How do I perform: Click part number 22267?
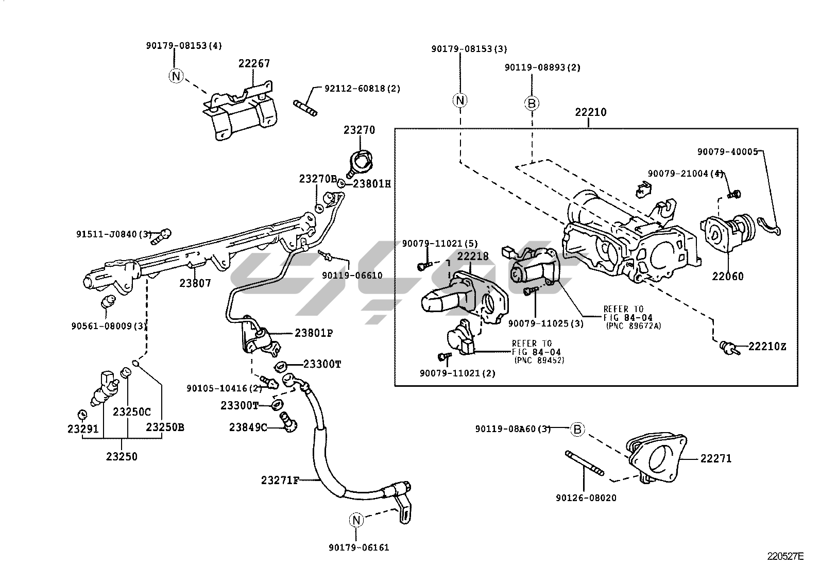coord(254,63)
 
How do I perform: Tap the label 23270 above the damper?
coord(359,130)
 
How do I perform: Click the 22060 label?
coord(728,277)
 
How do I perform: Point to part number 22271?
coord(715,458)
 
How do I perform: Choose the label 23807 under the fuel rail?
coord(195,283)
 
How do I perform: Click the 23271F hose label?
coord(280,481)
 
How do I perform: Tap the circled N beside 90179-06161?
coord(356,521)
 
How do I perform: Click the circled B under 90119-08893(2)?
coord(532,104)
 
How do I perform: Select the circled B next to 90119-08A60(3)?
coord(577,429)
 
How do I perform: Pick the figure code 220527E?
coord(785,556)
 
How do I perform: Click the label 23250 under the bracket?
coord(122,456)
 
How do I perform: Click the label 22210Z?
coord(767,347)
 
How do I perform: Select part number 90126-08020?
coord(586,498)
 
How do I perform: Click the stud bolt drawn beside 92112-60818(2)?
coord(306,109)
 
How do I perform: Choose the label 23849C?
coord(248,427)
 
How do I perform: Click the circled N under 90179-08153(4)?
coord(176,76)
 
